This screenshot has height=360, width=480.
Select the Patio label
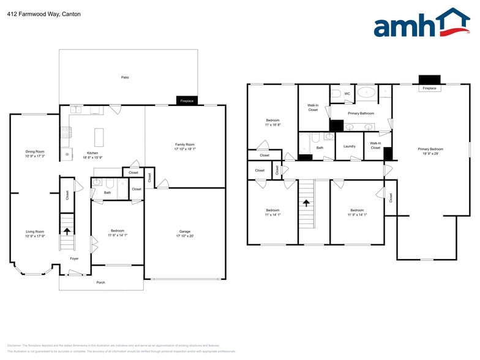tap(125, 78)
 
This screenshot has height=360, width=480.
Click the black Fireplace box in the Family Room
tap(187, 101)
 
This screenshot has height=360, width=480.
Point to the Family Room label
tap(184, 144)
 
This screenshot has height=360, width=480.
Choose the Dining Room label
tap(35, 151)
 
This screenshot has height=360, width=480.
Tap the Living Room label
tap(34, 231)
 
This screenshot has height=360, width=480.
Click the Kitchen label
tap(92, 152)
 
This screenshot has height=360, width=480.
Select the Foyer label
tap(74, 258)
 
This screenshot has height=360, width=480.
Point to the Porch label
tap(100, 282)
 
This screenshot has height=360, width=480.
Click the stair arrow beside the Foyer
tap(67, 231)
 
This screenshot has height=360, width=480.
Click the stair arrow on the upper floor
tap(306, 202)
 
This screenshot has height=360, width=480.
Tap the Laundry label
tap(350, 146)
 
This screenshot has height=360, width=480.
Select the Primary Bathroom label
tap(361, 113)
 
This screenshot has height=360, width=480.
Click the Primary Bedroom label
tap(430, 149)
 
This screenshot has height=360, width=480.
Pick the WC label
tap(347, 94)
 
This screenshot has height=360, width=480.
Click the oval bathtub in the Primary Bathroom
tap(367, 93)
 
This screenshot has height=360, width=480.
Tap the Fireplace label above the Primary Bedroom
tap(430, 88)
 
